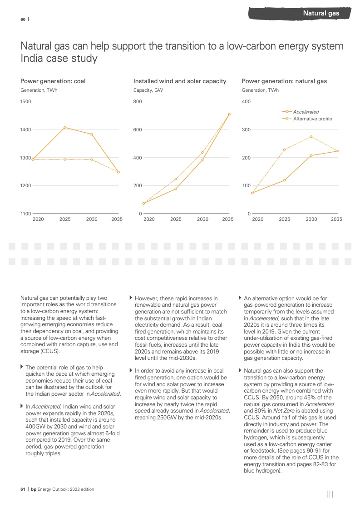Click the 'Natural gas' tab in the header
point(321,13)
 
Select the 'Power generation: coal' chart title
point(53,81)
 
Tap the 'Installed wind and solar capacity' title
point(180,81)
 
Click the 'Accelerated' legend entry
point(306,112)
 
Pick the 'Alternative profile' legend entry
point(312,119)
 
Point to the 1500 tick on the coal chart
point(26,102)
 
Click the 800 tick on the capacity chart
point(138,102)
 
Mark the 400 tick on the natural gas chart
point(246,102)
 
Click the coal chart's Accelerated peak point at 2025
point(65,127)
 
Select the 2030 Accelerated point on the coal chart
point(92,134)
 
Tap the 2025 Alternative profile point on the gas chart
point(285,149)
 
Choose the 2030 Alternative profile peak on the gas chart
point(311,137)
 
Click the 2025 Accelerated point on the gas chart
point(285,180)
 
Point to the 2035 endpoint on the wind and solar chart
point(229,114)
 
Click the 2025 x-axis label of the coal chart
point(65,219)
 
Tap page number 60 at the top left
point(23,19)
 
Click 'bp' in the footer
point(34,489)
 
